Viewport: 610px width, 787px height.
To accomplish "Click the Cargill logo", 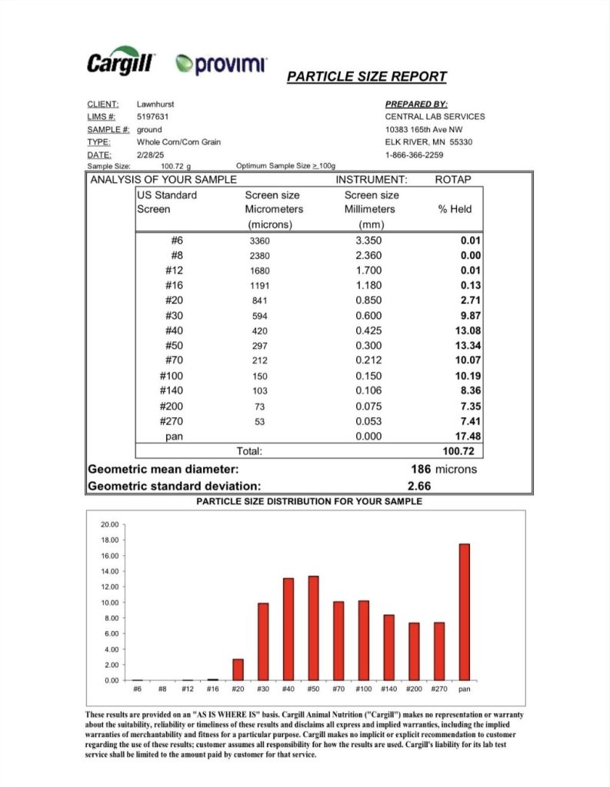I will pyautogui.click(x=121, y=63).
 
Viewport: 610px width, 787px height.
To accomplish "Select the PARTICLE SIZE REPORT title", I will pyautogui.click(x=366, y=77).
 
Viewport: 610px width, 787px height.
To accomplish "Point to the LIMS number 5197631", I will pyautogui.click(x=152, y=117).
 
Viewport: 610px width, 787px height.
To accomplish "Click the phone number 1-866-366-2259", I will pyautogui.click(x=414, y=154).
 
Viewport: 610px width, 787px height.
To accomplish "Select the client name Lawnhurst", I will pyautogui.click(x=155, y=104).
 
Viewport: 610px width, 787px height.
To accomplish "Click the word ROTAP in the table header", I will pyautogui.click(x=453, y=180).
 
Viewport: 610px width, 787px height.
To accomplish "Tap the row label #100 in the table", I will pyautogui.click(x=172, y=376).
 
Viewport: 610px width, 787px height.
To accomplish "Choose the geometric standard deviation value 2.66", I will pyautogui.click(x=419, y=486).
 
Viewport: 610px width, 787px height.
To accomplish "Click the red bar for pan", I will pyautogui.click(x=464, y=612).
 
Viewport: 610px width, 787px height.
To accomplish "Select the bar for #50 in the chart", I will pyautogui.click(x=313, y=628).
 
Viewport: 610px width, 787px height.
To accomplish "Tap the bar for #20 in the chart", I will pyautogui.click(x=238, y=669).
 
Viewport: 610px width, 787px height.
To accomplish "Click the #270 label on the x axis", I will pyautogui.click(x=438, y=689).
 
